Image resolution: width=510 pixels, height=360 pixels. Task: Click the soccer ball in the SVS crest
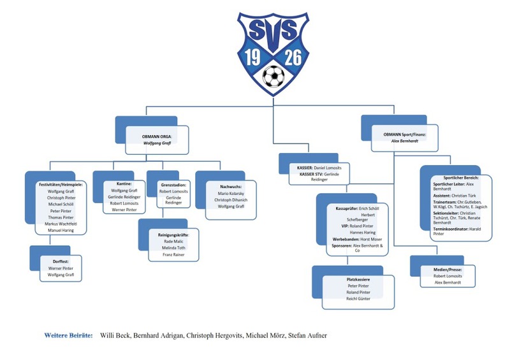click(x=273, y=78)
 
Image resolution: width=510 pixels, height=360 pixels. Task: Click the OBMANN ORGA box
click(x=157, y=140)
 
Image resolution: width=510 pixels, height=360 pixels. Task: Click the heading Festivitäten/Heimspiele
click(x=61, y=184)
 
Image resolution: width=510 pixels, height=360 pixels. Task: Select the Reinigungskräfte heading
click(x=173, y=234)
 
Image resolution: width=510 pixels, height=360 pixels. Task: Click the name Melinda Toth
click(x=173, y=248)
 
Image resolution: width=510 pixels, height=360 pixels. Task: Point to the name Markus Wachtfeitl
click(x=61, y=223)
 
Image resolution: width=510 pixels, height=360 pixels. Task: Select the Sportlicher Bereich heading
click(x=456, y=177)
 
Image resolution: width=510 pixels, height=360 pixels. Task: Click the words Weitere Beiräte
click(x=68, y=335)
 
